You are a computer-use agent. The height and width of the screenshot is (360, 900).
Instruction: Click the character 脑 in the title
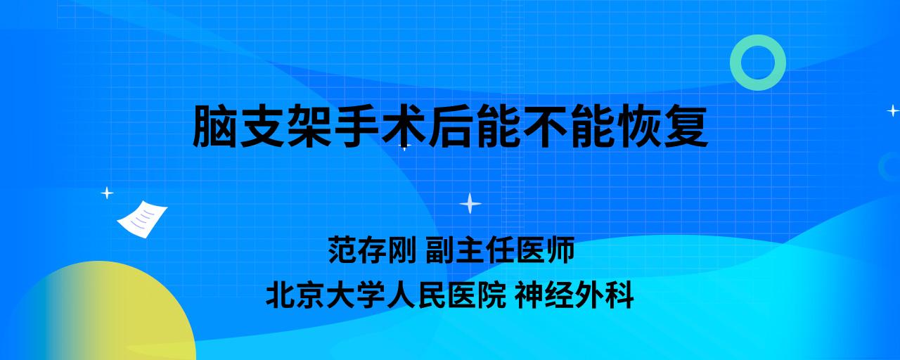coord(215,126)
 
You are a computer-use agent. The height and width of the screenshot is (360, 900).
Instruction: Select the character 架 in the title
coord(309,126)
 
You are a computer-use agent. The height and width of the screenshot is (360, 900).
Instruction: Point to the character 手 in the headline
coord(356,126)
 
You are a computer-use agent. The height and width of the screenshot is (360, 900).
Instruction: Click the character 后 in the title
coord(450,126)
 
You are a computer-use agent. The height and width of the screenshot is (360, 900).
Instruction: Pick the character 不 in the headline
coord(544,126)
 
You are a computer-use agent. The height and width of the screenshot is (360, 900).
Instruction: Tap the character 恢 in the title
coord(638,126)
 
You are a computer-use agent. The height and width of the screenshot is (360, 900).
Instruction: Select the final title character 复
coord(685,126)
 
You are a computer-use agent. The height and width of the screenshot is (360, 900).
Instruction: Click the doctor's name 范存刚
coord(372,250)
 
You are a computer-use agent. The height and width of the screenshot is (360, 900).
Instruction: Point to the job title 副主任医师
coord(500,250)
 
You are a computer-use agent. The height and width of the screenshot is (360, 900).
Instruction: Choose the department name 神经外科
coord(574,295)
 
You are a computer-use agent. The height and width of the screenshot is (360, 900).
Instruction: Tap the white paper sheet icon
coord(142,219)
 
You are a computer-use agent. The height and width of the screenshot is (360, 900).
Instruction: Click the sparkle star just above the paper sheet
coord(107,193)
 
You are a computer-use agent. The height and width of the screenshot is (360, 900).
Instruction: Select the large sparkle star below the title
coord(470,203)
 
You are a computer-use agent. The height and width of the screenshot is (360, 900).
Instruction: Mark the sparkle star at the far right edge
coord(893,110)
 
